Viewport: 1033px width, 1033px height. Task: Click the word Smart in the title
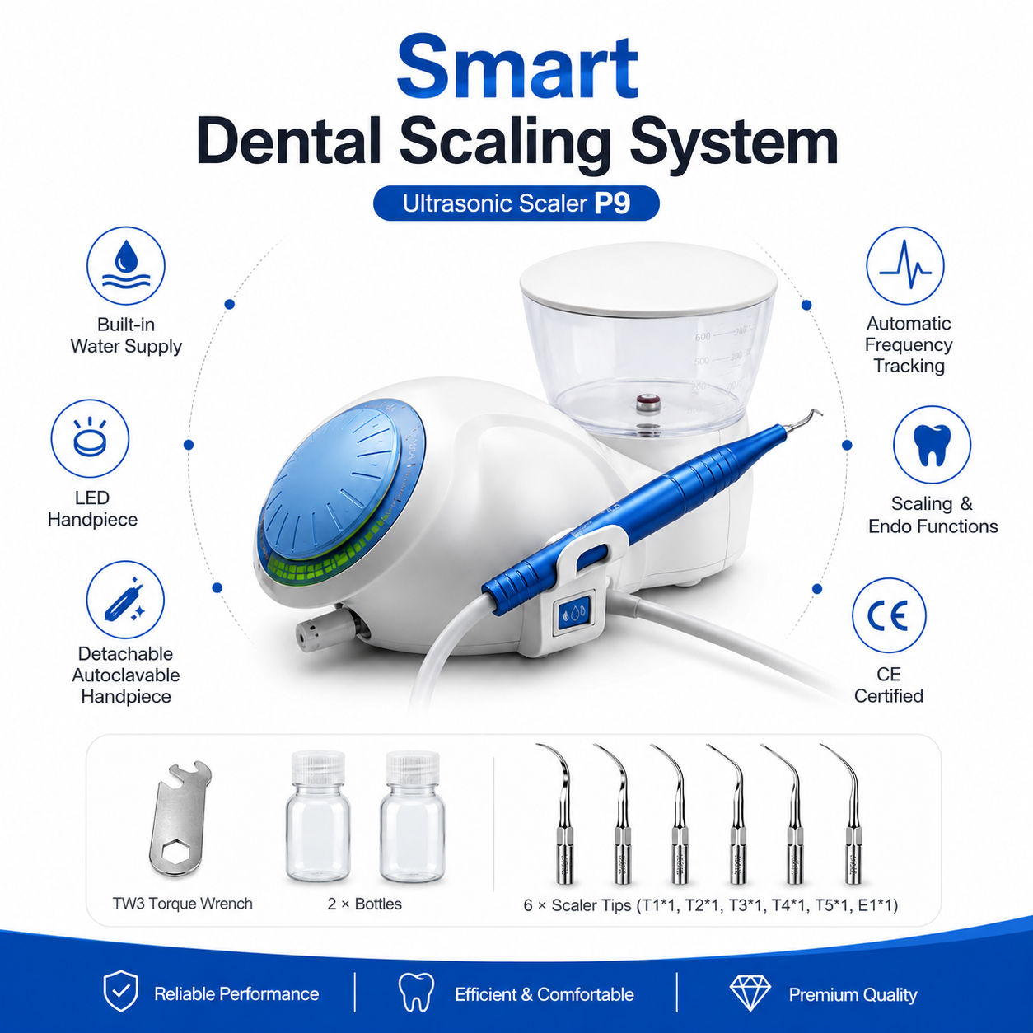point(517,68)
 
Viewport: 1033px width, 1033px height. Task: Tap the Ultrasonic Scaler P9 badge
point(516,203)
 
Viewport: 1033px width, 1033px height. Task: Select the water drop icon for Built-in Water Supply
point(126,265)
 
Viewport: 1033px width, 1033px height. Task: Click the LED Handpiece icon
point(90,438)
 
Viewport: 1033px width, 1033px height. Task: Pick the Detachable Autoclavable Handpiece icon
point(125,600)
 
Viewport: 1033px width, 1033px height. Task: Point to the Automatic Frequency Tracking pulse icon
point(905,265)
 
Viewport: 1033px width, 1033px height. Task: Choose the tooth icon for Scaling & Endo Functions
point(933,445)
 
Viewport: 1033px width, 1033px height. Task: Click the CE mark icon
point(889,615)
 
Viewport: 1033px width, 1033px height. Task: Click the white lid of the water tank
point(648,278)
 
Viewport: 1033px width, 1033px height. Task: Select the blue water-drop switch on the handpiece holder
point(575,613)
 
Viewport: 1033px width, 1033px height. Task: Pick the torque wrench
point(180,818)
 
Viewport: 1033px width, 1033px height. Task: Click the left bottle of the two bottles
point(318,816)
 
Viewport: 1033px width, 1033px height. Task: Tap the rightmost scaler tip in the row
point(845,814)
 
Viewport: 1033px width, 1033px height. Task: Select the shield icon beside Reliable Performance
point(121,990)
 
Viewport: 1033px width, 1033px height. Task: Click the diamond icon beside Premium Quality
point(750,993)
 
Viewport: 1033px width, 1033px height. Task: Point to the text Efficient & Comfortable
point(545,994)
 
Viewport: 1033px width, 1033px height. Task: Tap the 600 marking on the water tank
point(702,337)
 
